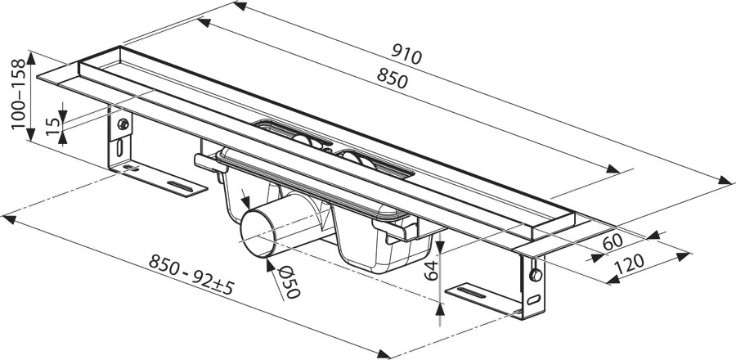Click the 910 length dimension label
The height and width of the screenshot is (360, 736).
(407, 55)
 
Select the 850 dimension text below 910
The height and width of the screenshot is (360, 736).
(393, 79)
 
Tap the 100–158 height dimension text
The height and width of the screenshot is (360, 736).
(18, 94)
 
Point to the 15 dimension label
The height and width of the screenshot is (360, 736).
(53, 127)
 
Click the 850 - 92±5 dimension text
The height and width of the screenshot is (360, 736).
(191, 274)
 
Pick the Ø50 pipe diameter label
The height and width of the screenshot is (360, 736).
(289, 282)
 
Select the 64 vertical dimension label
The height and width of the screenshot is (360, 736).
(431, 271)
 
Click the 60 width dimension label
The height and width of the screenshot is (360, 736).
(613, 242)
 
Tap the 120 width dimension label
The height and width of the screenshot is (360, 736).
(629, 265)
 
